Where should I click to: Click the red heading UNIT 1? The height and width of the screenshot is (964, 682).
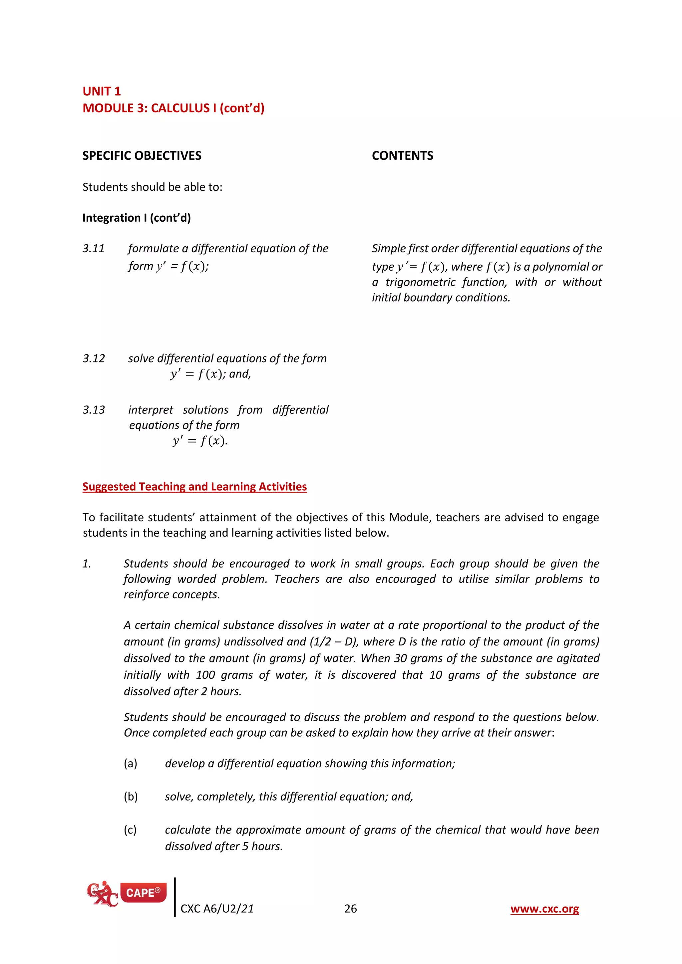(x=101, y=91)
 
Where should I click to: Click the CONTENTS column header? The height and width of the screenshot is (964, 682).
(x=402, y=156)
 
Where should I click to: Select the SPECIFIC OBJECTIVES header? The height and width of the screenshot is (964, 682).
(x=142, y=156)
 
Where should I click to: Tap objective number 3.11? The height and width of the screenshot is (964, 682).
(x=93, y=249)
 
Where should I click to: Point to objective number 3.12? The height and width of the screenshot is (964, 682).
(x=93, y=359)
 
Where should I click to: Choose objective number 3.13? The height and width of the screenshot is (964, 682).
(x=93, y=410)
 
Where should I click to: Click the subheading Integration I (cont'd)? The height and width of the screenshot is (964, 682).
(x=137, y=218)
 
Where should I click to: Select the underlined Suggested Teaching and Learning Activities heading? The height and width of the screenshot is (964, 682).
(x=194, y=487)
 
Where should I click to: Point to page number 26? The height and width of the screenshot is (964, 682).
(x=350, y=909)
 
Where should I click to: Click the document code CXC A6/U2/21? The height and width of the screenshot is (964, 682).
(x=217, y=909)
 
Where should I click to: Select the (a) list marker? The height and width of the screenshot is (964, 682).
(x=130, y=763)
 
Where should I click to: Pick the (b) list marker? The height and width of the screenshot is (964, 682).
(x=130, y=797)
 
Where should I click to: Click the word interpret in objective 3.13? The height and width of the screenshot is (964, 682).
(x=150, y=410)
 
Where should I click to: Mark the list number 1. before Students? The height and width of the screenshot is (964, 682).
(x=87, y=564)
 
